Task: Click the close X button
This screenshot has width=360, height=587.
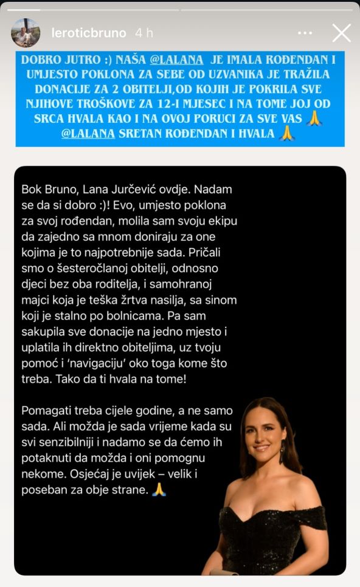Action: pyautogui.click(x=342, y=33)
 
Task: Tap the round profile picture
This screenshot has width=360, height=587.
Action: pyautogui.click(x=26, y=33)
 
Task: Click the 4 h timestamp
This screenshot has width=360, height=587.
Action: pyautogui.click(x=144, y=33)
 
